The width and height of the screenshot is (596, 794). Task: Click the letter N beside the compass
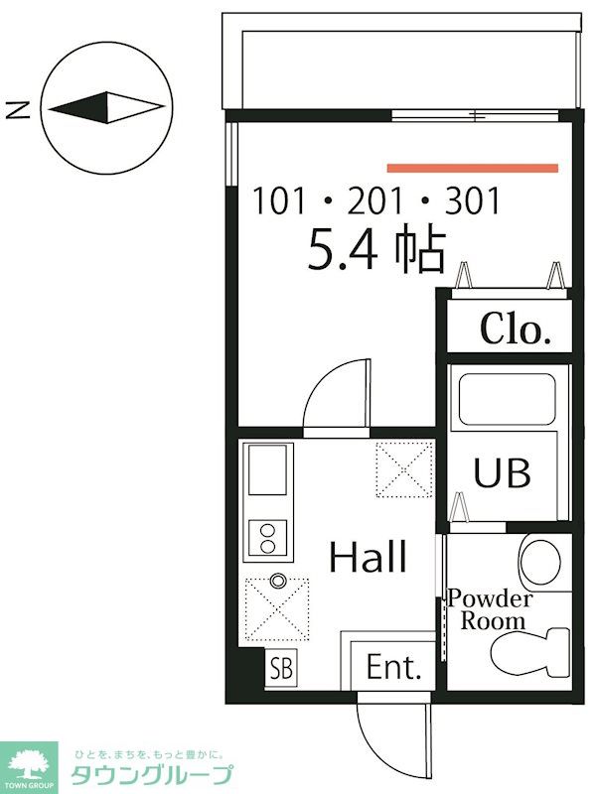[x=17, y=109]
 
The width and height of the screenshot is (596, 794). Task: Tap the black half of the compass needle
[x=83, y=108]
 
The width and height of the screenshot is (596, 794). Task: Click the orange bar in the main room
[x=473, y=168]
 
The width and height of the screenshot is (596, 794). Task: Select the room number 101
[x=279, y=201]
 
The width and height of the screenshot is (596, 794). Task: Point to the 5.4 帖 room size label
[x=377, y=251]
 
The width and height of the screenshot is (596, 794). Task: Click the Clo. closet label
[x=516, y=329]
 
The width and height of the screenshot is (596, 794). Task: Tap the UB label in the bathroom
[x=502, y=472]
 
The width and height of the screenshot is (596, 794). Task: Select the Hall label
[x=368, y=557]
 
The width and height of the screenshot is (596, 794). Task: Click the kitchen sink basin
[x=267, y=469]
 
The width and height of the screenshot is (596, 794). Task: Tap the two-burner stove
[x=267, y=538]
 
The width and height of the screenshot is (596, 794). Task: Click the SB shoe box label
[x=281, y=668]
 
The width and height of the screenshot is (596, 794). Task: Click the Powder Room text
[x=491, y=609]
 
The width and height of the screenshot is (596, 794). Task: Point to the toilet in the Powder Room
[x=530, y=653]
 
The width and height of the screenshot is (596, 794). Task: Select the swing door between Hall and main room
[x=337, y=394]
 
